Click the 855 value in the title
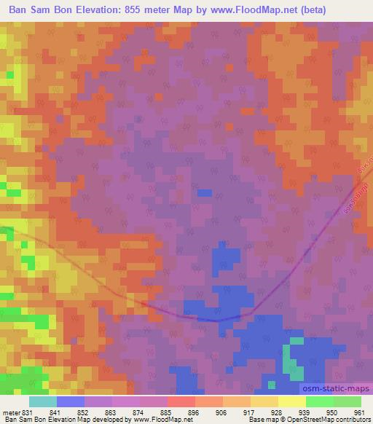coord(149,9)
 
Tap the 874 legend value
coord(138,413)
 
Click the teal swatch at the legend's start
coord(43,401)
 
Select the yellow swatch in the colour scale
coord(291,401)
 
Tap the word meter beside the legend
coord(11,413)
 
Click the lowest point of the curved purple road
coord(216,320)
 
